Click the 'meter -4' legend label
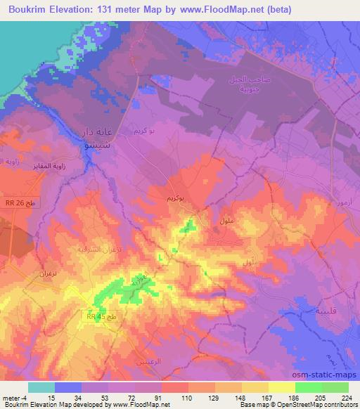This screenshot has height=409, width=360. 14,398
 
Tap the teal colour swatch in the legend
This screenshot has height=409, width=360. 41,387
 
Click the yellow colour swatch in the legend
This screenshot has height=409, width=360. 282,387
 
